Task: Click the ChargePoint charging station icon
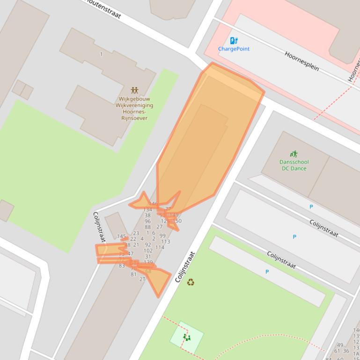point(234,41)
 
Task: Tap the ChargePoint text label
point(234,49)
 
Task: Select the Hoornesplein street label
point(302,61)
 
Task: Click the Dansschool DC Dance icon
point(294,154)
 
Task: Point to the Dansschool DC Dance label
point(294,166)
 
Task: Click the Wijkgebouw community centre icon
point(134,90)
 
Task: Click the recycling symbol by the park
point(191,282)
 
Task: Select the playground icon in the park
point(187,337)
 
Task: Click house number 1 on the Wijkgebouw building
point(101,54)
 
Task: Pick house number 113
point(165,242)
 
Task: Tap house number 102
point(148,251)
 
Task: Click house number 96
point(147,221)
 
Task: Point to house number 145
point(122,237)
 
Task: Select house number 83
point(122,266)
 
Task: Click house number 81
point(133,274)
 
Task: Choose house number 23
point(136,233)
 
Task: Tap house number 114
point(160,247)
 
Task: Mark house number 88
point(147,227)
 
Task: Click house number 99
point(162,236)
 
